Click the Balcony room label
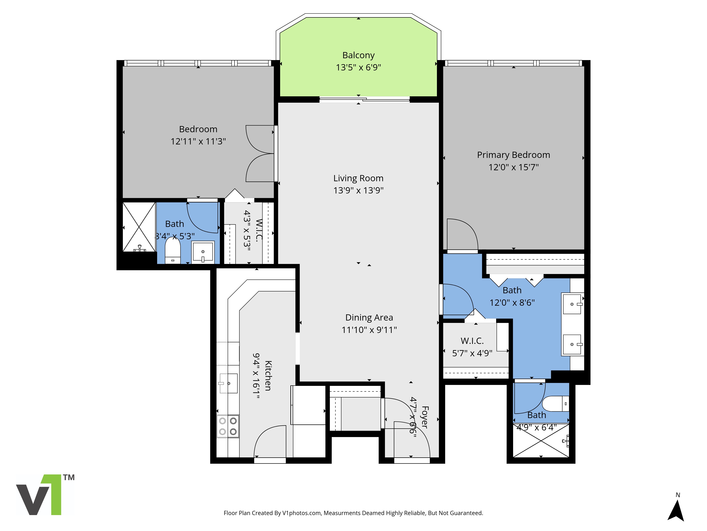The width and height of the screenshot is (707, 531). [x=358, y=55]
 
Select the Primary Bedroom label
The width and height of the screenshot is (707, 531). [x=513, y=155]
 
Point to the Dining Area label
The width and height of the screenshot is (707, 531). [x=369, y=318]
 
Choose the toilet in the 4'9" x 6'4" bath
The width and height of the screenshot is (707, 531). [x=556, y=404]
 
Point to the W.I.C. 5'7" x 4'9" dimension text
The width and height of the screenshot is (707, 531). [x=472, y=353]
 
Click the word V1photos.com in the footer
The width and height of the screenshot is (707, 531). [x=301, y=513]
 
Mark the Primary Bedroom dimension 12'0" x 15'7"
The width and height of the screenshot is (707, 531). [x=513, y=167]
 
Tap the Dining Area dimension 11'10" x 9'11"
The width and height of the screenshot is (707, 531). [x=369, y=330]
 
